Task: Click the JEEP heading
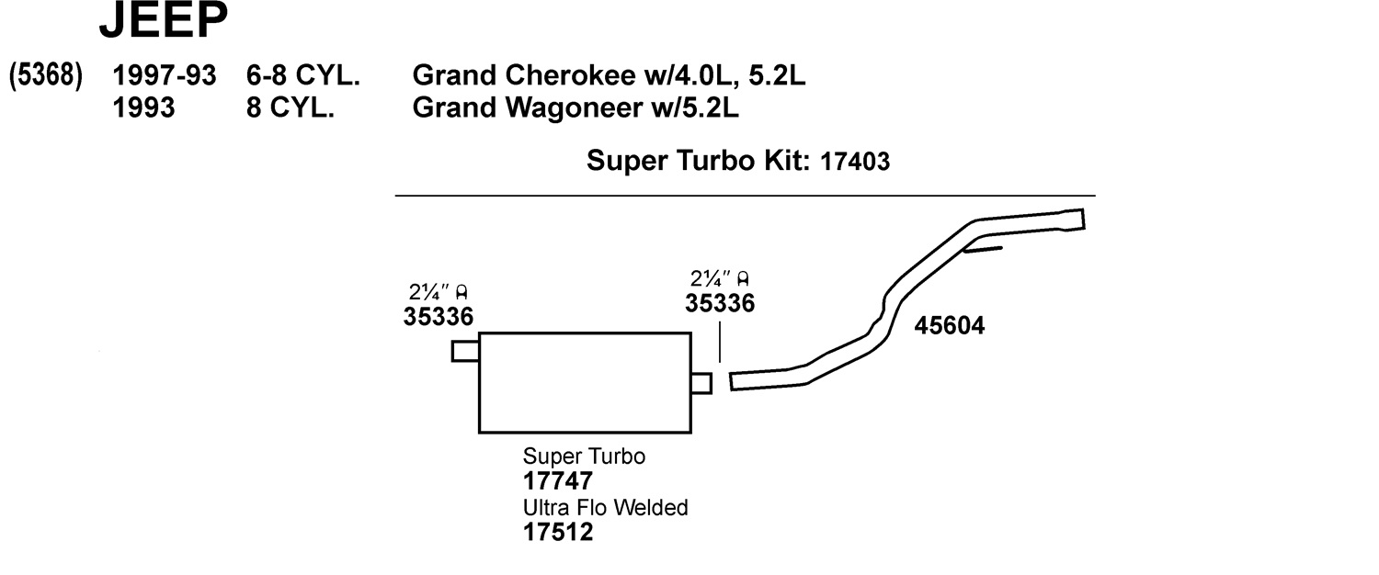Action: coord(163,22)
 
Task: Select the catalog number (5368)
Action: coord(46,76)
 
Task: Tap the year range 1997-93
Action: coord(165,76)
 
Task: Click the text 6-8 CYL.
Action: coord(302,76)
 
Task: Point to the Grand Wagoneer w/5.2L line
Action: coord(576,108)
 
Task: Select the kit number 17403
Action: coord(854,163)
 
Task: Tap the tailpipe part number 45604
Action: coord(950,325)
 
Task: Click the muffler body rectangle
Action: coord(585,382)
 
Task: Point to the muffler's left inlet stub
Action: coord(465,352)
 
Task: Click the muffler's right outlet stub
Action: coord(701,383)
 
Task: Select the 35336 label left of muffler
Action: coord(438,317)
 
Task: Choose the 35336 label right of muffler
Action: coord(720,303)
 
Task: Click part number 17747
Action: coord(558,480)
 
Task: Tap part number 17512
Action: coord(558,532)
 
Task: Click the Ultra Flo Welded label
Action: coord(605,507)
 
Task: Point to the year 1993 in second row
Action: coord(143,108)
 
